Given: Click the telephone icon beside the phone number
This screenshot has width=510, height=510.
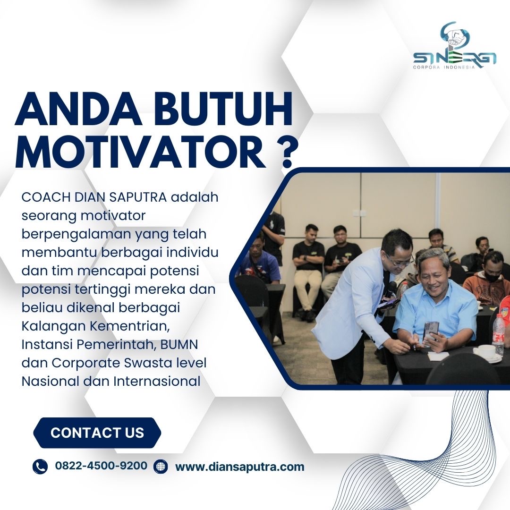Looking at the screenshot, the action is click(40, 466).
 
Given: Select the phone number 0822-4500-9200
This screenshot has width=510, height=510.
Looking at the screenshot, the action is click(101, 466).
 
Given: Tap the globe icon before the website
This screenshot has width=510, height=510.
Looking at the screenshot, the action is click(161, 466).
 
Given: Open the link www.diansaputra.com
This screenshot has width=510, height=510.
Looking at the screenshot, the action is click(240, 467).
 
